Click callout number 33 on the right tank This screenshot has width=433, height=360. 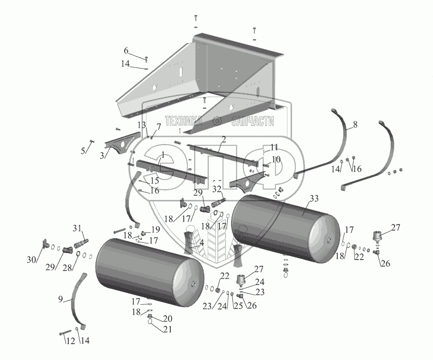(x=314, y=199)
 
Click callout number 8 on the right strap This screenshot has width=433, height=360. (x=356, y=124)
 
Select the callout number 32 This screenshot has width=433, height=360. (x=217, y=189)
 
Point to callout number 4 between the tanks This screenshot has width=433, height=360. (x=201, y=243)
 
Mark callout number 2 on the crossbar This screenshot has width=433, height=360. (x=223, y=139)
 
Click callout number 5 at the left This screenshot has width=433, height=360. (x=83, y=150)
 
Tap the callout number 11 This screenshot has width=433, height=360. (x=274, y=147)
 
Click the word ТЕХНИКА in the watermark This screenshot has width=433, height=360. (x=184, y=121)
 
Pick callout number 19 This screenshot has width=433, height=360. (x=156, y=229)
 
